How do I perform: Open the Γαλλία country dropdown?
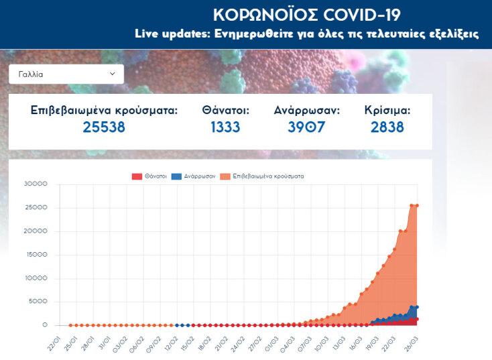coord(66,74)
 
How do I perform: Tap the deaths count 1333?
coord(225,127)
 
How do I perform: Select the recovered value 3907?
coord(306,127)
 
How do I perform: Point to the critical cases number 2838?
coord(387,127)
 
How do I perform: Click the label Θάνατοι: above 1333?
coord(225,110)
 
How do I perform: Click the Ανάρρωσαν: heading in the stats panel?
coord(306,110)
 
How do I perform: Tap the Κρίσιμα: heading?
coord(387,110)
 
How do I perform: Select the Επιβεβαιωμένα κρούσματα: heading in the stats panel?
coord(104,110)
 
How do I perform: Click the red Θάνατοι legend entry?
coord(149,176)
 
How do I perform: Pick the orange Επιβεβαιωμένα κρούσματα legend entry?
coord(263,176)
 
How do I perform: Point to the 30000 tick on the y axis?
coord(35,184)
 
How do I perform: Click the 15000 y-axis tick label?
coord(35,255)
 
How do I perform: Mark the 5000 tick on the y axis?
coord(37,302)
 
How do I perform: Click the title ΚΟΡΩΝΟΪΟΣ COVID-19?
coord(307,15)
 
